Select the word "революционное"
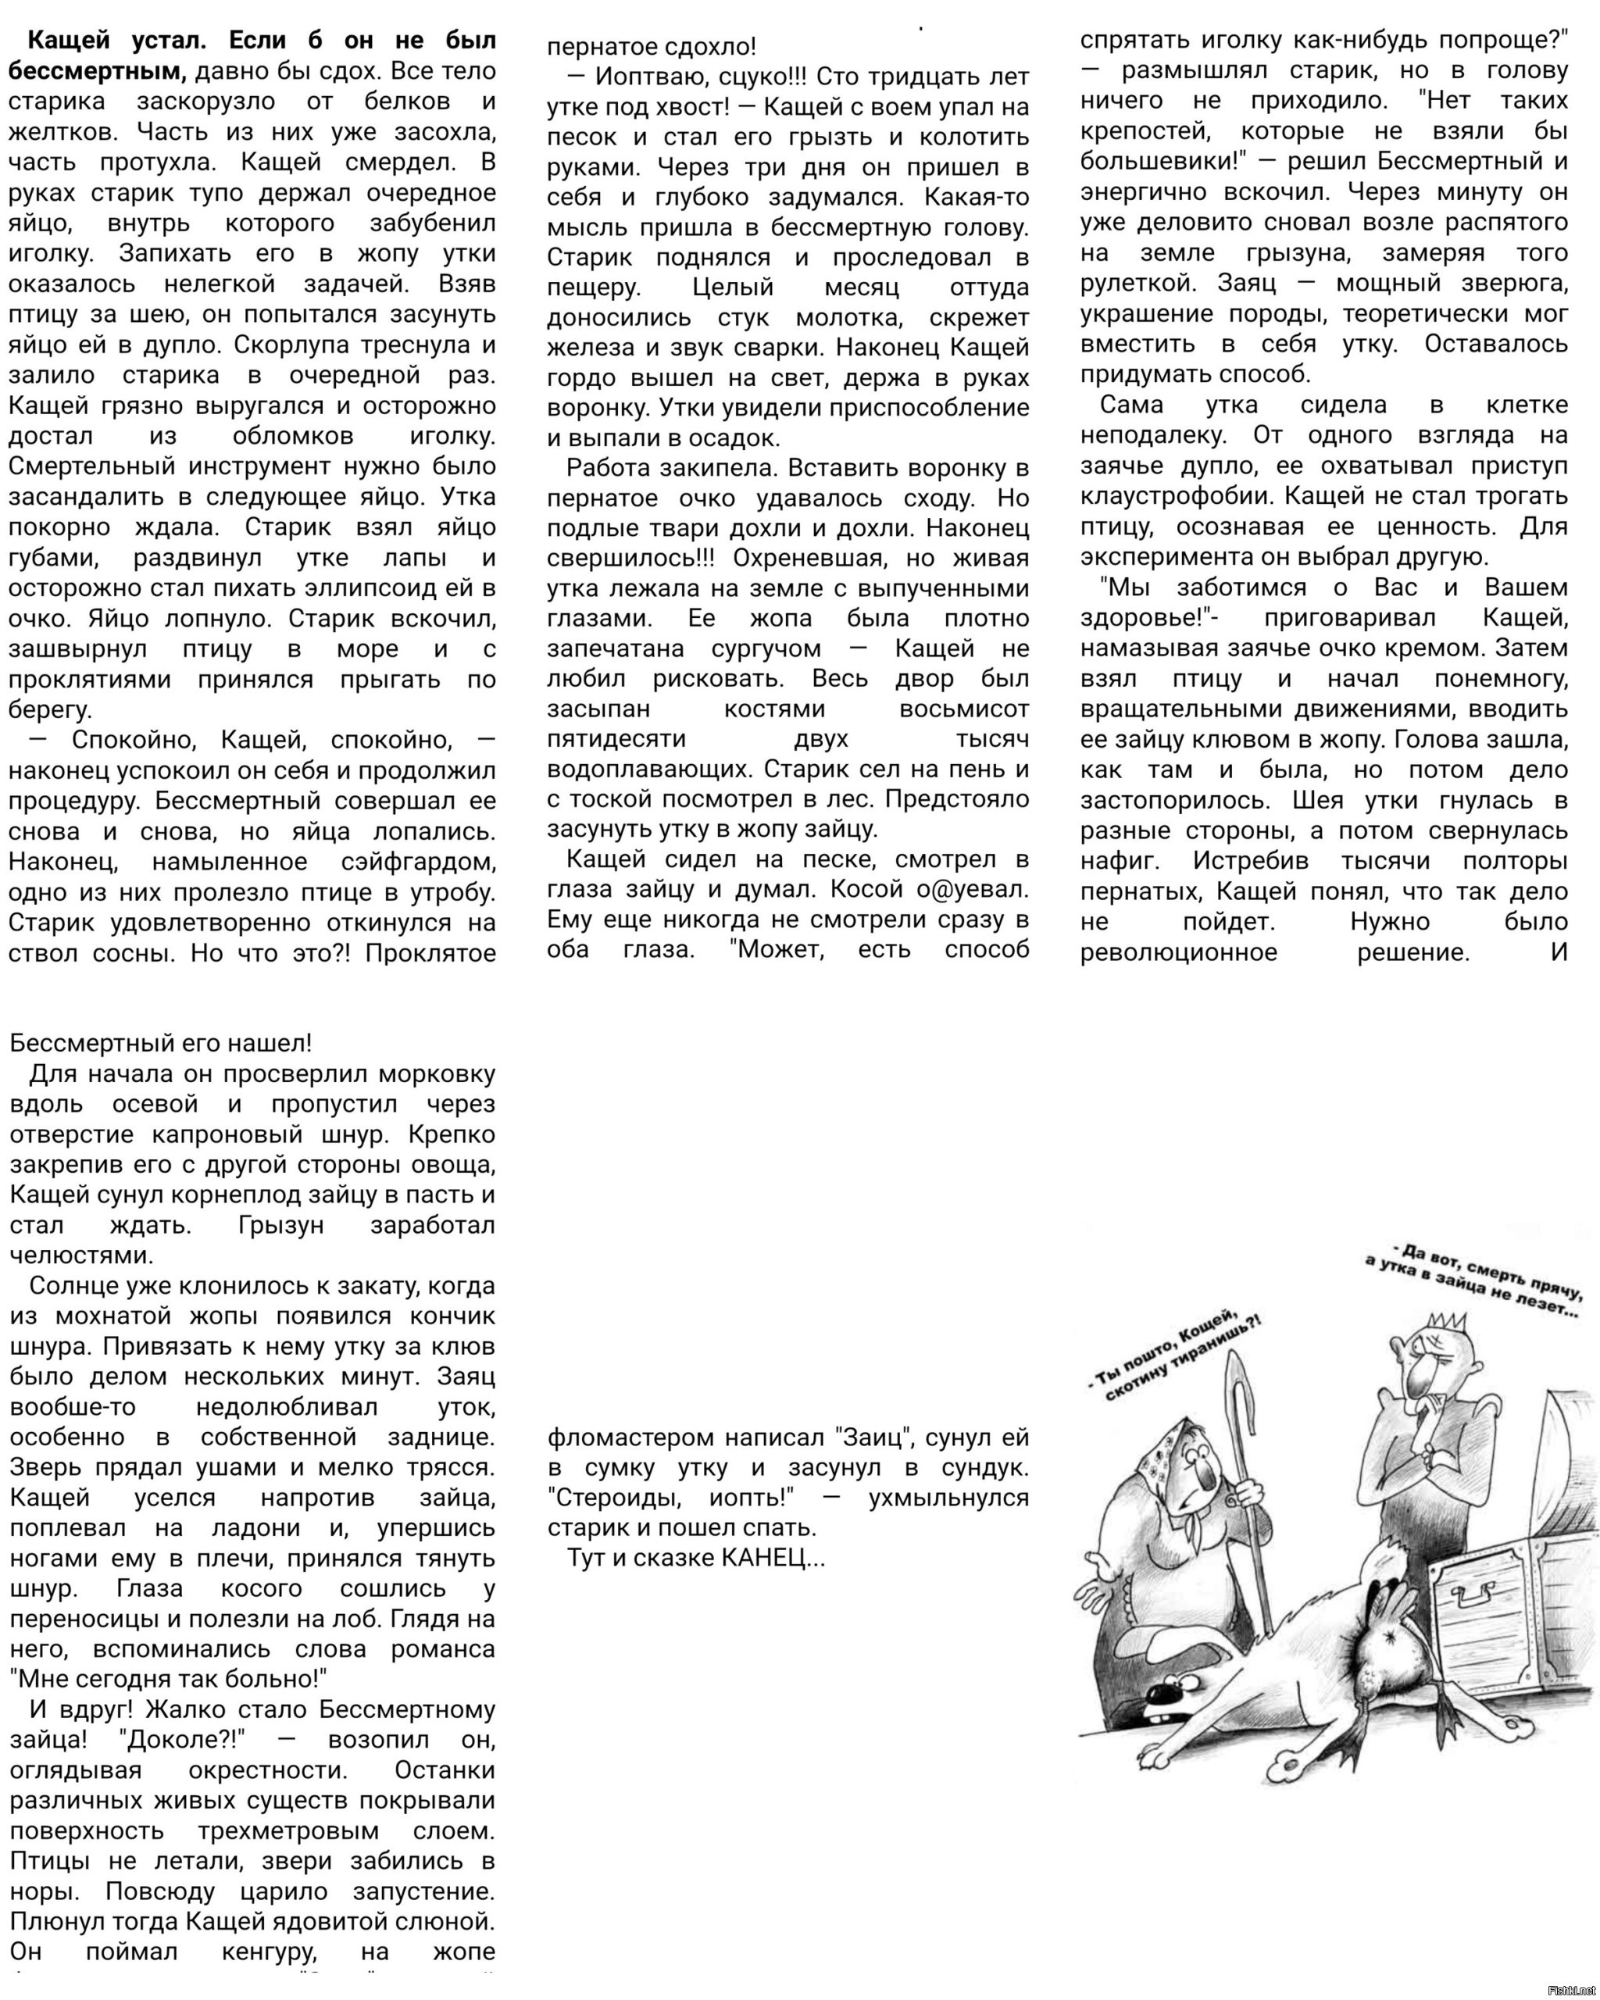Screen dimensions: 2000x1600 1178,952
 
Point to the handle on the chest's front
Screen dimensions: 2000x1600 1475,1595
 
